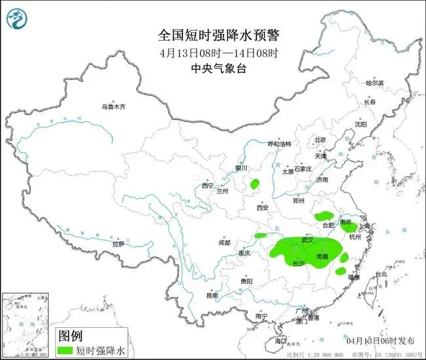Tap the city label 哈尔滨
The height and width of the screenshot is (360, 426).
click(376, 83)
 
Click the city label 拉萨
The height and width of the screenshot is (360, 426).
click(118, 243)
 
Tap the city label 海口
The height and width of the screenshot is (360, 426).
click(281, 341)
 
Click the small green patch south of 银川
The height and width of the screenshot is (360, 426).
click(254, 184)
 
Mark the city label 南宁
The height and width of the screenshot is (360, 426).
click(261, 316)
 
